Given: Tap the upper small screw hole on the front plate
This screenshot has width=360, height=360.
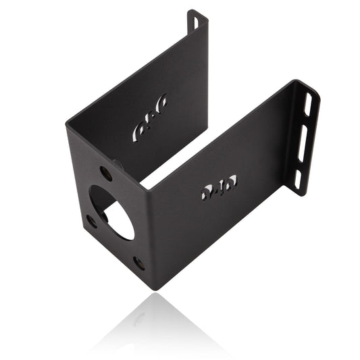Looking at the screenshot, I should click(106, 173).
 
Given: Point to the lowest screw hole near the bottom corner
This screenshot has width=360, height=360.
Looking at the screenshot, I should click(138, 263).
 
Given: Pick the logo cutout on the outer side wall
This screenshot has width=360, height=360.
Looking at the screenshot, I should click(218, 188).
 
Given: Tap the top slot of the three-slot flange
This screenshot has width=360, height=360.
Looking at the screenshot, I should click(308, 104).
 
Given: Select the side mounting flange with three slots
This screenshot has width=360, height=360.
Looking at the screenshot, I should click(304, 138).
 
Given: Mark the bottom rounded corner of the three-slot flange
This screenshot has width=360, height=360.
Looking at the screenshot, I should click(297, 194).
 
